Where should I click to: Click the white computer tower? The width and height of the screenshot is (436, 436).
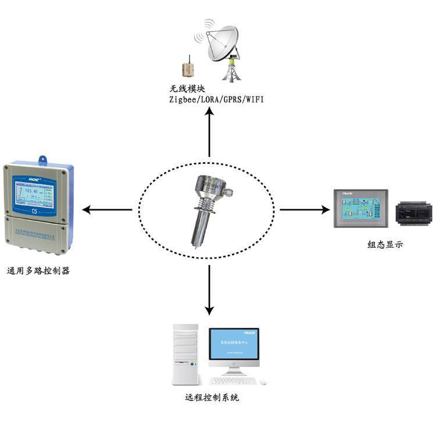pyautogui.click(x=185, y=355)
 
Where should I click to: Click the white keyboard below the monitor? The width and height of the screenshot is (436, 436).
pyautogui.click(x=233, y=381)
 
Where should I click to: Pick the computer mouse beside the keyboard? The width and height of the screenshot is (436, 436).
pyautogui.click(x=263, y=382)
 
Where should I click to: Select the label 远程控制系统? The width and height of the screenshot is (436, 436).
pyautogui.click(x=212, y=399)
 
